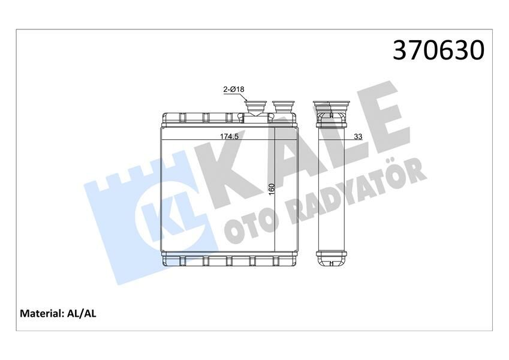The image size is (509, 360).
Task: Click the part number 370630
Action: [438, 51]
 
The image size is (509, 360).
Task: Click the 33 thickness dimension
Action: [358, 137]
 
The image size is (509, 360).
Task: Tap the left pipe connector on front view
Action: [255, 109]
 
